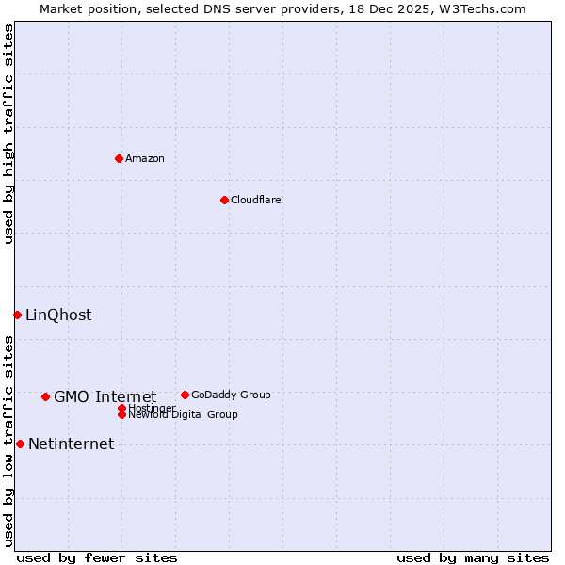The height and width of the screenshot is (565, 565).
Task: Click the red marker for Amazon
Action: (119, 158)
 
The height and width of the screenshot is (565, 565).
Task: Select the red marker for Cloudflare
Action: (224, 200)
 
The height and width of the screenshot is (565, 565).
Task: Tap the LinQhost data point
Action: (17, 315)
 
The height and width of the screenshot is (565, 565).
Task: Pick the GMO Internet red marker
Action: (45, 396)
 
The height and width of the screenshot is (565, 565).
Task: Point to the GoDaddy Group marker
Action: (185, 395)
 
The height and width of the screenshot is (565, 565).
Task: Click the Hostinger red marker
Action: (122, 408)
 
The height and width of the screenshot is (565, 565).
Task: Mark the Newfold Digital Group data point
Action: (122, 414)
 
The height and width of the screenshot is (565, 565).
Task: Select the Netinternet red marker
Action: (20, 444)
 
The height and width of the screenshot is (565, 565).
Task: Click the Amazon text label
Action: (145, 158)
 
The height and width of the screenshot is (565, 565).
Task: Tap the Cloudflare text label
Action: (256, 200)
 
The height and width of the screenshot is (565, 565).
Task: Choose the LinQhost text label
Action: (58, 315)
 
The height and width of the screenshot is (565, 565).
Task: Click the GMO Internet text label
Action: (105, 396)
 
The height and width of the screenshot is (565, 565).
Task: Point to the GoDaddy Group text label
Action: (231, 395)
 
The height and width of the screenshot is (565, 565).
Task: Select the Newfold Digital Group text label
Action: (184, 415)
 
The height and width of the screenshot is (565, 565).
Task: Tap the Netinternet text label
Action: (71, 444)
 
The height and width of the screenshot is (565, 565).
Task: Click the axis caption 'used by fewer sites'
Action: (97, 557)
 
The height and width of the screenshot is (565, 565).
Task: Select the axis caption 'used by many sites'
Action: (473, 557)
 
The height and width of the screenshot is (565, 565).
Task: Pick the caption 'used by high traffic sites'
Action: (8, 134)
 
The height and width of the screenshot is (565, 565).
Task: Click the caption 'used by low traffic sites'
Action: (8, 441)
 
